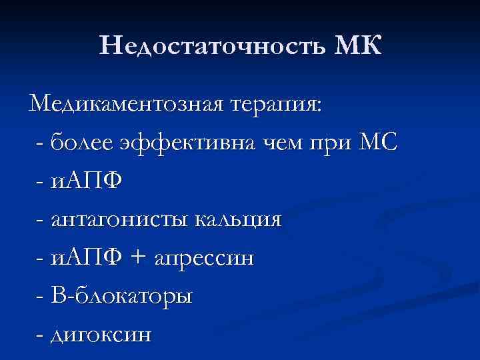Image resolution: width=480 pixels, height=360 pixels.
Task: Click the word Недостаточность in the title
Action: pyautogui.click(x=210, y=46)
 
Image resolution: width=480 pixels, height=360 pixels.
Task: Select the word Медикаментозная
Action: pyautogui.click(x=127, y=104)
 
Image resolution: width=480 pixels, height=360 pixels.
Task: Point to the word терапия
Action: pyautogui.click(x=276, y=105)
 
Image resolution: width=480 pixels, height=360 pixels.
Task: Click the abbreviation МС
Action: pyautogui.click(x=379, y=142)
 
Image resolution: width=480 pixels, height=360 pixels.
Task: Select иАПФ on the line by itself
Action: pyautogui.click(x=87, y=181)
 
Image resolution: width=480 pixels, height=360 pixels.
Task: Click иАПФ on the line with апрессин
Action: pyautogui.click(x=87, y=257)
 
